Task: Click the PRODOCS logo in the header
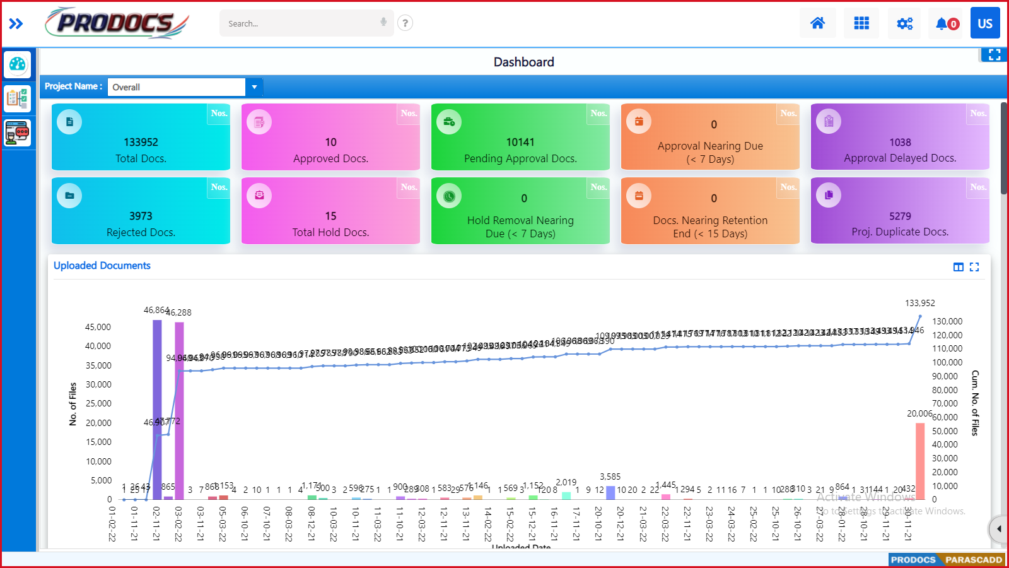click(x=117, y=23)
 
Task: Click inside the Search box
click(x=300, y=23)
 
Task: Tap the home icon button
click(x=817, y=23)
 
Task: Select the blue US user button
click(x=985, y=23)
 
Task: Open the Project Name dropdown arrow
click(x=254, y=87)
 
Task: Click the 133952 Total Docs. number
click(x=141, y=143)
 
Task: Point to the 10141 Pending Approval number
click(x=520, y=143)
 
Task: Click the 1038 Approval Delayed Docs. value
click(x=900, y=143)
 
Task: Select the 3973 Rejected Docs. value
click(x=141, y=216)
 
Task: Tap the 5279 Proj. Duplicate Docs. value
click(x=900, y=216)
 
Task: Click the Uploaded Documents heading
click(x=102, y=266)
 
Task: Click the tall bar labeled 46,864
click(x=157, y=410)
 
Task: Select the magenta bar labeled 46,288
click(x=179, y=410)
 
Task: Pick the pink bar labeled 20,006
click(x=920, y=461)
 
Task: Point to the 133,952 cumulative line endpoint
click(x=920, y=316)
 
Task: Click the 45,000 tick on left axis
click(x=98, y=327)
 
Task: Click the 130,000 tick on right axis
click(x=947, y=321)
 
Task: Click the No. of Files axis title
click(x=73, y=404)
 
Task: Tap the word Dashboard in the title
click(x=523, y=62)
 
